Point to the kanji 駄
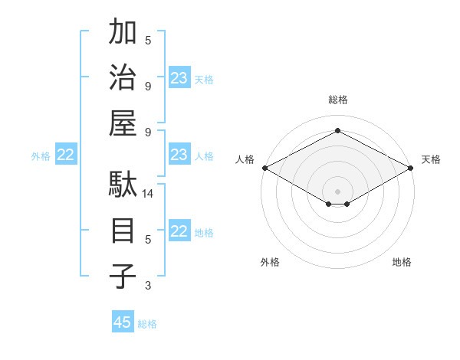[123, 185]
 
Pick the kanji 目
[123, 230]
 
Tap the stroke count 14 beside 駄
[148, 195]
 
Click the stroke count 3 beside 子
[148, 286]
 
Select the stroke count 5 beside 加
[148, 40]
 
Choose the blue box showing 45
[123, 322]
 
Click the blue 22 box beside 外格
[65, 155]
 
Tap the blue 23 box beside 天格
[179, 78]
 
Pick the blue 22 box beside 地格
[179, 231]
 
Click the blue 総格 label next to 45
[147, 324]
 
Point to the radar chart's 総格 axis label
[337, 100]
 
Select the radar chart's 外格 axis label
[270, 262]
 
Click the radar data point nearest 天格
[411, 168]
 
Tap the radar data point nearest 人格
[264, 168]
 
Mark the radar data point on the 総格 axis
[337, 131]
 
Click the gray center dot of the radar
[337, 190]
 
